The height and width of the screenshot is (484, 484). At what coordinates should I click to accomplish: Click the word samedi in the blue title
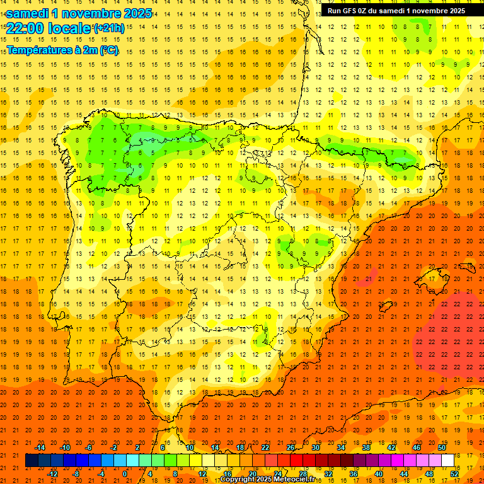point(30,13)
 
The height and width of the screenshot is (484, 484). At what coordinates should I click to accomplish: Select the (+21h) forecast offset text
point(109,28)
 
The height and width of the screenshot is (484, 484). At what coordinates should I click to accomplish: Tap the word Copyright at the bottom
point(238,480)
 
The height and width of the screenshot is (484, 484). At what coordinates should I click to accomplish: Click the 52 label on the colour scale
point(455,474)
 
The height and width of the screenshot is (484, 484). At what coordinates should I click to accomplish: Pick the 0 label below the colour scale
point(125,474)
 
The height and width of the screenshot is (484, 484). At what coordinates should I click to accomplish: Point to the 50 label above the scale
point(442,447)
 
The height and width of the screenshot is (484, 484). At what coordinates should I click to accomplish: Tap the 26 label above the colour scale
point(291,447)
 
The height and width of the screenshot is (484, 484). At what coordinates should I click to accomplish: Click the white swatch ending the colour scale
point(448,461)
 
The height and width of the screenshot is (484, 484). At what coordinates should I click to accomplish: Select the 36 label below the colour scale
point(354,474)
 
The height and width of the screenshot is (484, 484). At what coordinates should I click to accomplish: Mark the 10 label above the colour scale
point(190,447)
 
